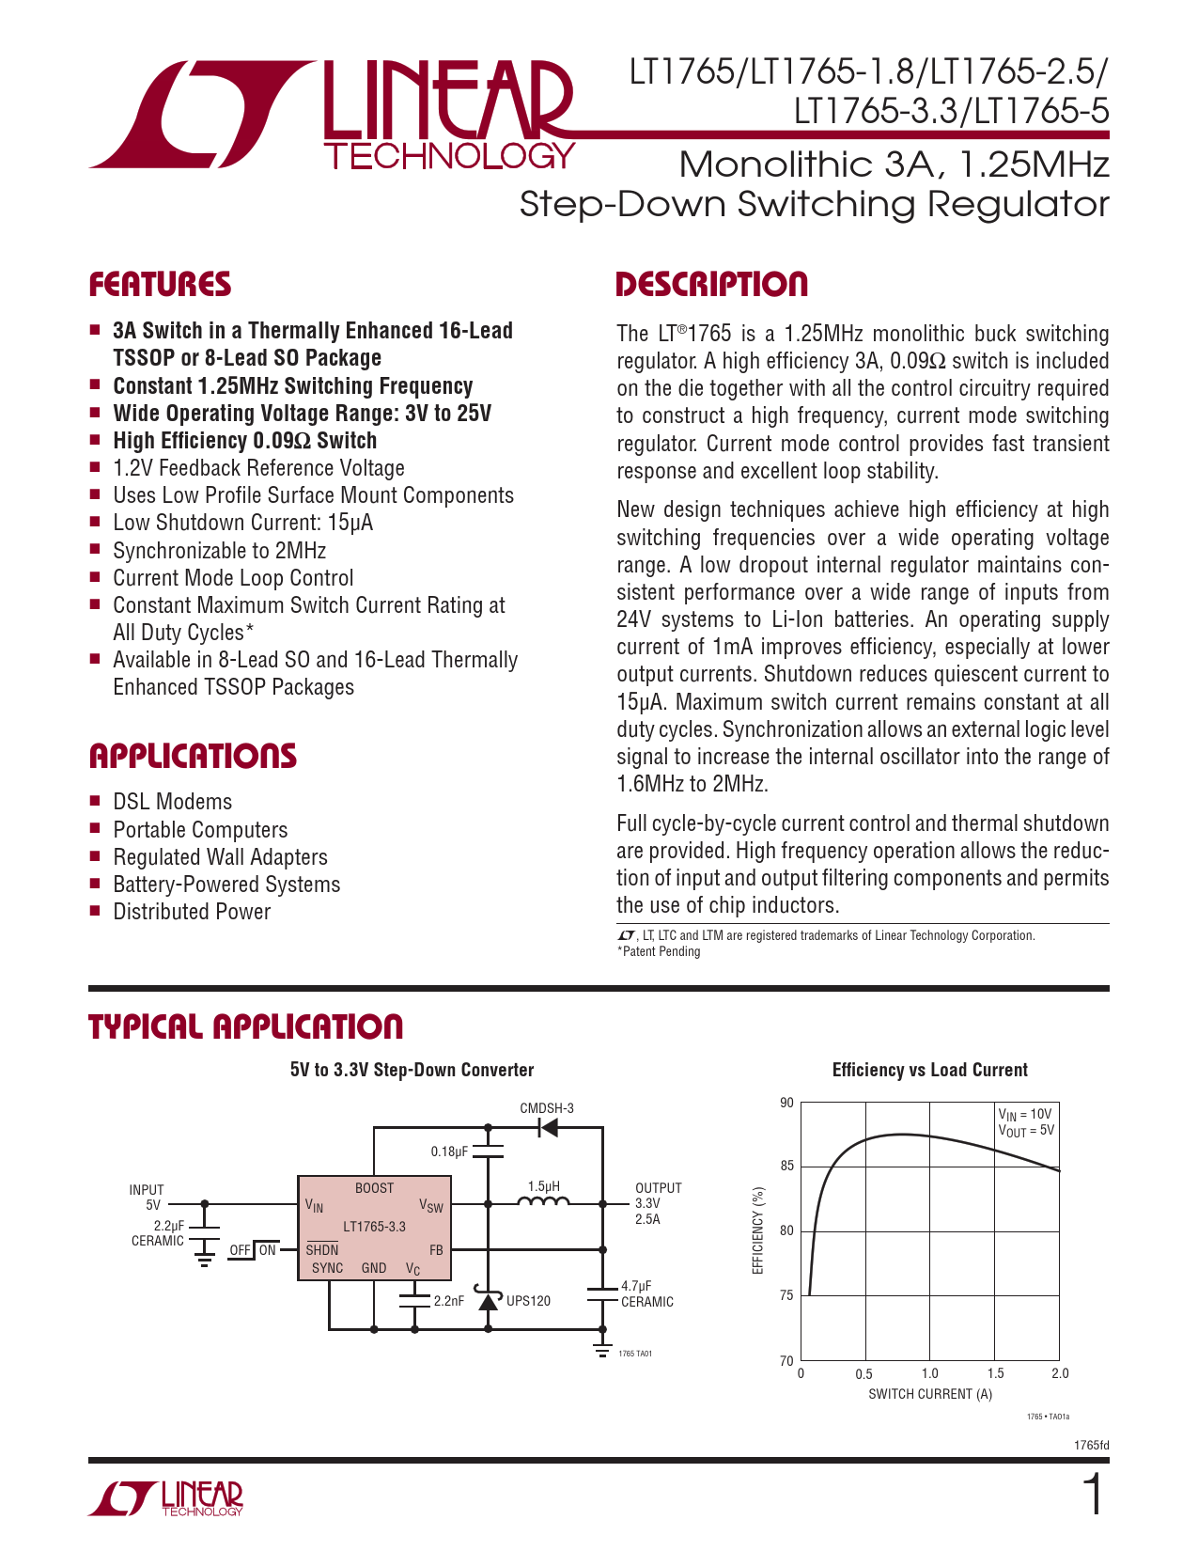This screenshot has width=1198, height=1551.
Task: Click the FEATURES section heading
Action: [160, 284]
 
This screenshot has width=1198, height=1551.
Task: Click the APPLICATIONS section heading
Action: [193, 756]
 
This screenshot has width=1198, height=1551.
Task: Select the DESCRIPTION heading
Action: [711, 284]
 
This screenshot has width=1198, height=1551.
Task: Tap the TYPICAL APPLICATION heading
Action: [245, 1026]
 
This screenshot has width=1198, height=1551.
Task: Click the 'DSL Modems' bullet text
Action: [173, 802]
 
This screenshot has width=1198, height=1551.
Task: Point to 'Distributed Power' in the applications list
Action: [192, 912]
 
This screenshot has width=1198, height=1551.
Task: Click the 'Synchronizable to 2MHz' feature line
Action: [220, 550]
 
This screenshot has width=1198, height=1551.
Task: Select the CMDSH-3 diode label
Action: [547, 1108]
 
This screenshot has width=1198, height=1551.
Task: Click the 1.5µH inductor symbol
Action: [543, 1202]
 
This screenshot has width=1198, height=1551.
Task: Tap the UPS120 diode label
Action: [529, 1301]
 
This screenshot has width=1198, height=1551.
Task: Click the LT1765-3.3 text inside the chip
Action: [375, 1227]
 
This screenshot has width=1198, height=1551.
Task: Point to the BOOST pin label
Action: [375, 1188]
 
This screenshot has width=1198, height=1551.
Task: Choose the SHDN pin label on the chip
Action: [322, 1250]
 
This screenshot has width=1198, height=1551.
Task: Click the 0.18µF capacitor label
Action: [449, 1151]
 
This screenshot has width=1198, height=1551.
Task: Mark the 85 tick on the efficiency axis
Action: [787, 1166]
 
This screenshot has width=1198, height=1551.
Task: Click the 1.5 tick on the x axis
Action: [995, 1373]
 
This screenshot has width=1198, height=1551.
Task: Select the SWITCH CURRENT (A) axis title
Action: [930, 1394]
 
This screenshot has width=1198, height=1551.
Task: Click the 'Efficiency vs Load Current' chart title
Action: [929, 1069]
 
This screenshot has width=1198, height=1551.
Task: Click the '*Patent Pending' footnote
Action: [659, 951]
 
